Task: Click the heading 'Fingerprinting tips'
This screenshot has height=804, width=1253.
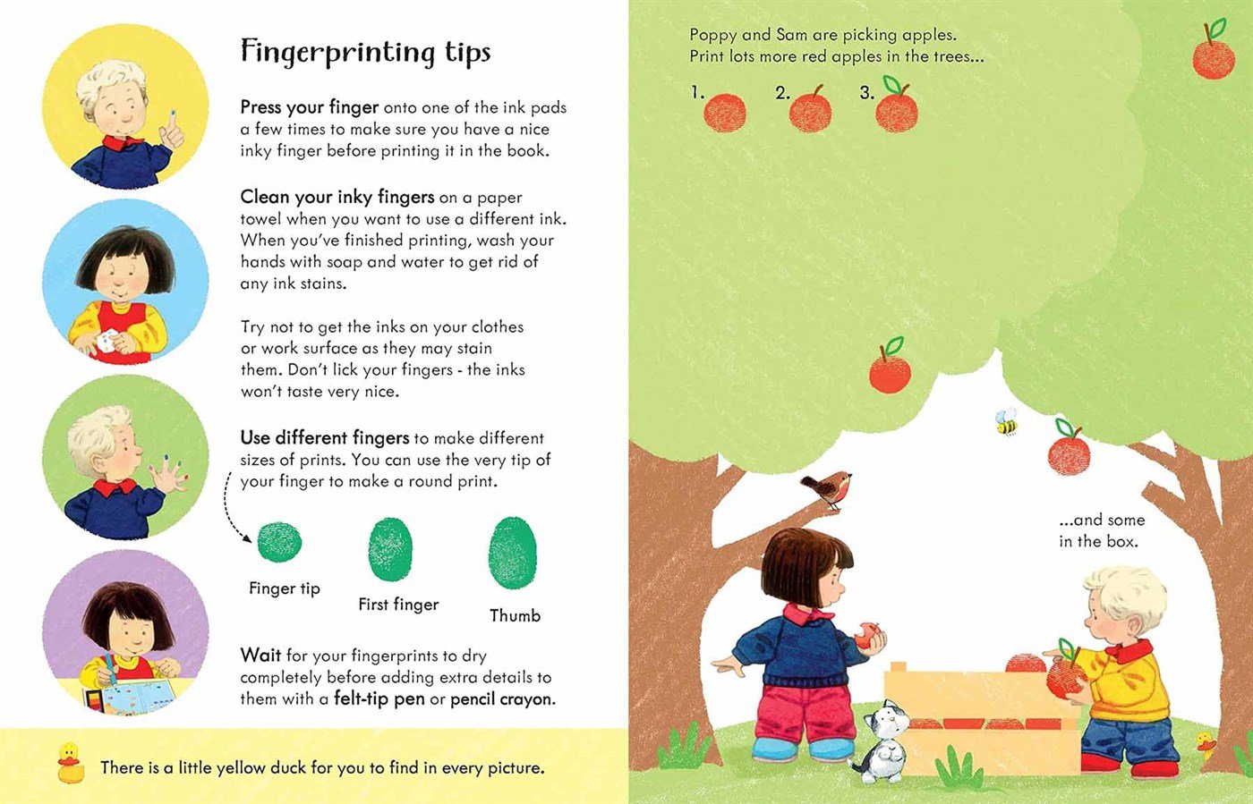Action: pos(365,52)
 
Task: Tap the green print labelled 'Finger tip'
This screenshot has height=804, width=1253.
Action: pos(279,541)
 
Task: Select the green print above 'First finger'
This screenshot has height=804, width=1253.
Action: pos(391,549)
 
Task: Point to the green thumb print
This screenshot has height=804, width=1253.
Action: pos(513,553)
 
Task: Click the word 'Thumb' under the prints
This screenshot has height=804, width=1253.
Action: pos(515,615)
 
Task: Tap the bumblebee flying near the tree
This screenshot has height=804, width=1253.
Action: pos(1007,422)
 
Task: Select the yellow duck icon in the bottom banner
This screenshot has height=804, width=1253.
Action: pos(69,763)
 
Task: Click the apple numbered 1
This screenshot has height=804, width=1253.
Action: pos(725,113)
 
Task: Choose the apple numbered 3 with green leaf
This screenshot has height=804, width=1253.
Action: pos(896,108)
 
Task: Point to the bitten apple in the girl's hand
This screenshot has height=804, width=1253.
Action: pos(865,637)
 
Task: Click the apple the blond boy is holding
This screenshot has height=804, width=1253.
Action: pos(1064,676)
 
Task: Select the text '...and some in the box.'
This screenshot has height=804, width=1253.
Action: pos(1100,530)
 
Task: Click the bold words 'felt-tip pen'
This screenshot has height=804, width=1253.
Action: pos(379,698)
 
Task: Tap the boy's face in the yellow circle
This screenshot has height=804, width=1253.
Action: pos(120,112)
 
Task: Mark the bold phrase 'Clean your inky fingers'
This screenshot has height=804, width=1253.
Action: pos(337,197)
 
